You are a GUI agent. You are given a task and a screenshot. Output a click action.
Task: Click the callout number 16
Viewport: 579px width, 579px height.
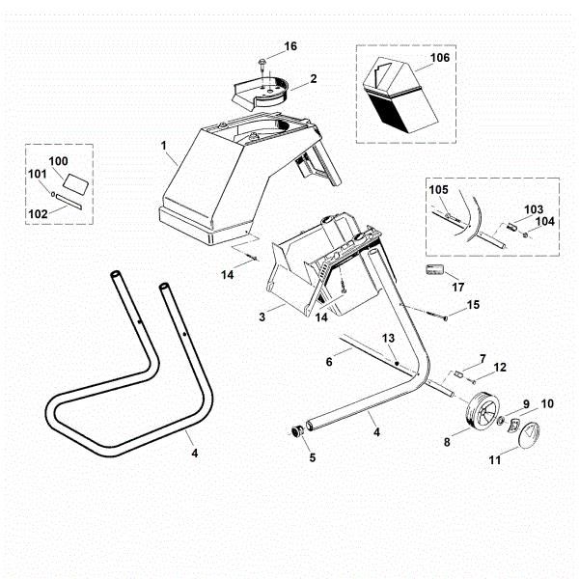290,46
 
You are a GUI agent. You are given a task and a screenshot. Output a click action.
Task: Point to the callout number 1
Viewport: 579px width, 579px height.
164,147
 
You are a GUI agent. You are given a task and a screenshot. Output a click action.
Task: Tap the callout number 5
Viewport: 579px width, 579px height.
312,457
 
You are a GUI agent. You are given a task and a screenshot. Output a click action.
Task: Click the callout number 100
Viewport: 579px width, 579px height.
58,160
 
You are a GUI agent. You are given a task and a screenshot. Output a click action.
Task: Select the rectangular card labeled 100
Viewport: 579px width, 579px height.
74,180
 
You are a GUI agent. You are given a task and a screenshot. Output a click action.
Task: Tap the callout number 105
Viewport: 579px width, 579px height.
439,191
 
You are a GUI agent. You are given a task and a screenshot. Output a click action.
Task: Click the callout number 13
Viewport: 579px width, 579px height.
388,339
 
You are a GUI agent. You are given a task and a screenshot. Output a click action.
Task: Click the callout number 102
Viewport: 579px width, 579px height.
39,213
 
